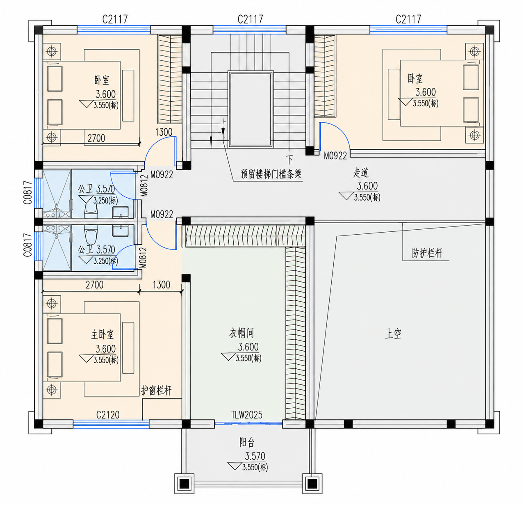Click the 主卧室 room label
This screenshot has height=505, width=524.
[103, 335]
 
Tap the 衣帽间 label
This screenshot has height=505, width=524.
[241, 333]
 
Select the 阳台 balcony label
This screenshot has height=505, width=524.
[247, 442]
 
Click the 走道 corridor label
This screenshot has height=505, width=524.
[361, 173]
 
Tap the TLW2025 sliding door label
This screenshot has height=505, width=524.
[247, 414]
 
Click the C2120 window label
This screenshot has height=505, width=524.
[108, 414]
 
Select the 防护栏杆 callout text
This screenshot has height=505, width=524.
[427, 253]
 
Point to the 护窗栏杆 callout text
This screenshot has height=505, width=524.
[157, 390]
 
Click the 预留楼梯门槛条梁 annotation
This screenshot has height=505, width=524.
[271, 174]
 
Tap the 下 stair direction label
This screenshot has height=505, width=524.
[290, 160]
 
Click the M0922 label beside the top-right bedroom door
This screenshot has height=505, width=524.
[335, 156]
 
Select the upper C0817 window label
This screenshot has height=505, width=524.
[28, 192]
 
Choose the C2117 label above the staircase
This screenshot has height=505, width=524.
[250, 19]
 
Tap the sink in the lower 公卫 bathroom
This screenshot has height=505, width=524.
[121, 231]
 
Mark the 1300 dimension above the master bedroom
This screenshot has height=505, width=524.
[161, 285]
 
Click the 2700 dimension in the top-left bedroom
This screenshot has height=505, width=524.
[96, 138]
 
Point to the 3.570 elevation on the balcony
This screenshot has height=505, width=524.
[255, 456]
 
